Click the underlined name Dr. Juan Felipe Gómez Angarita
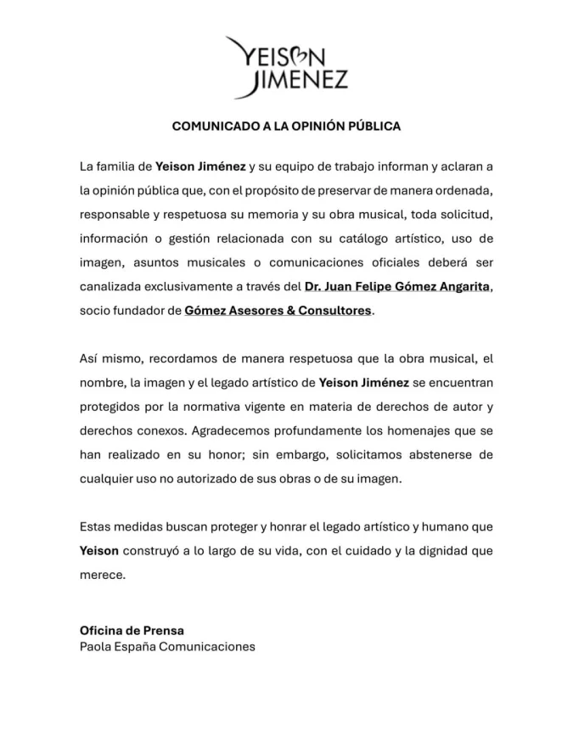pyautogui.click(x=397, y=287)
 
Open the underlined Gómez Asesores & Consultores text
pyautogui.click(x=278, y=311)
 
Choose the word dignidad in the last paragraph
pyautogui.click(x=429, y=550)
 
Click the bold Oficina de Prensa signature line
pyautogui.click(x=132, y=631)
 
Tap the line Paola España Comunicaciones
pyautogui.click(x=167, y=647)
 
